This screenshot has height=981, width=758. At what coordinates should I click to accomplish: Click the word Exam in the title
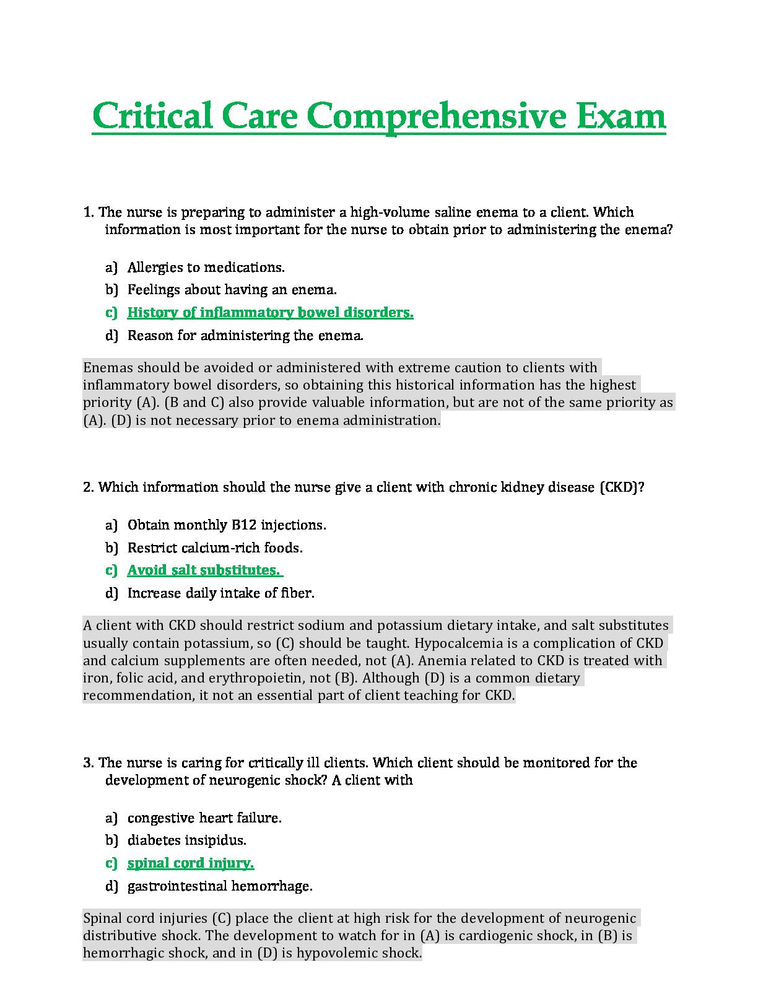[620, 116]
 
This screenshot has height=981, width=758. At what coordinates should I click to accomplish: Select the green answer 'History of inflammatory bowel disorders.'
[270, 312]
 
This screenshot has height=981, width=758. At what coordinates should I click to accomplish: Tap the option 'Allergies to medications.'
[206, 268]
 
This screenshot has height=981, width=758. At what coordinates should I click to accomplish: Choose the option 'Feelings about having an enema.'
[232, 290]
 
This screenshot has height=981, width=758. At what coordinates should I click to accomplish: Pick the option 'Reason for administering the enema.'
[245, 336]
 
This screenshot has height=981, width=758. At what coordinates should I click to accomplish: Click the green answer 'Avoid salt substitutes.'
[204, 570]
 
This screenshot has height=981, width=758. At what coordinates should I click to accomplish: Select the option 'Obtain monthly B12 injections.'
[227, 525]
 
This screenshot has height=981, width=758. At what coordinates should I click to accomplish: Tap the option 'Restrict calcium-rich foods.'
[215, 548]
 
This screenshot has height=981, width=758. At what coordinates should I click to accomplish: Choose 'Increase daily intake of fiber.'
[220, 593]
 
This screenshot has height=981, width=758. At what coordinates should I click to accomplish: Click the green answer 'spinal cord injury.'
[191, 863]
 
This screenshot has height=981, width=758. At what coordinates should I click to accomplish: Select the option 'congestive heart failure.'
[204, 818]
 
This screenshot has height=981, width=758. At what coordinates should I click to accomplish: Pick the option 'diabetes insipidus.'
[186, 840]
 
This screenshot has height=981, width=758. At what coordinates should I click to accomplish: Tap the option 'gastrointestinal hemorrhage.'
[220, 886]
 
